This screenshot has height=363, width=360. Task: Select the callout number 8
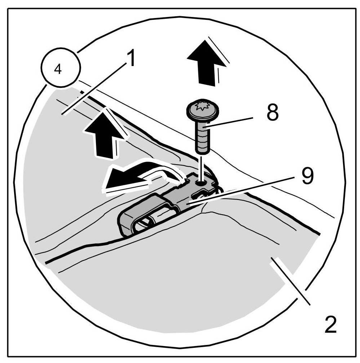click(x=273, y=114)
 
